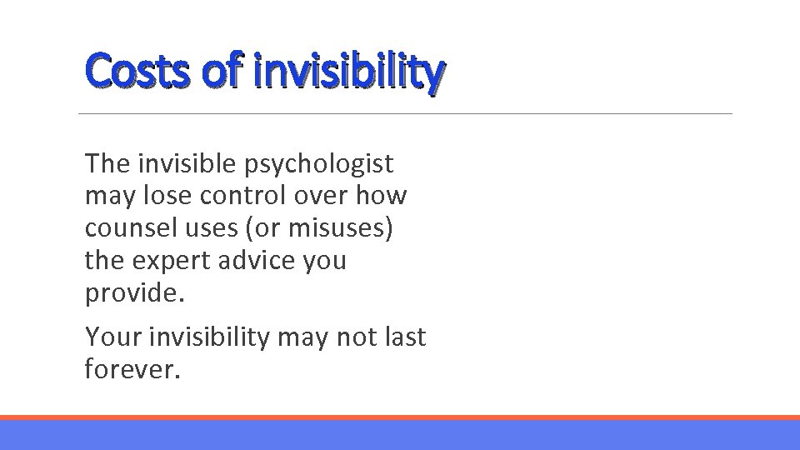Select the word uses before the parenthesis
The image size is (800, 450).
coord(202,227)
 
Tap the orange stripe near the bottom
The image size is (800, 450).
coord(400,417)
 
